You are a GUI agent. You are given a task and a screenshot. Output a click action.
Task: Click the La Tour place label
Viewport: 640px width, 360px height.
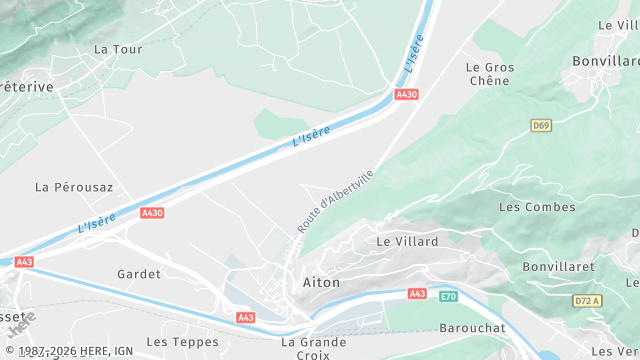click(118, 49)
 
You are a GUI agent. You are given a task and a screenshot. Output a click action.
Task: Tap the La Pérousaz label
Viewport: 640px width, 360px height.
click(74, 187)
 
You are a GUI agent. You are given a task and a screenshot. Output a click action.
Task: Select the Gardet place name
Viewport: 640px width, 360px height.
click(139, 273)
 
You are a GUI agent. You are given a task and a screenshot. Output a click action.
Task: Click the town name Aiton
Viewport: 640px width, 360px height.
click(321, 283)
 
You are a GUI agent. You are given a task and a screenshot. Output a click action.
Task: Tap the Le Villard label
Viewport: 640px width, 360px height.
click(407, 242)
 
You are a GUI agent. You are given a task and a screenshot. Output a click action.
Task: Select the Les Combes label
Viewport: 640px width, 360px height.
click(537, 207)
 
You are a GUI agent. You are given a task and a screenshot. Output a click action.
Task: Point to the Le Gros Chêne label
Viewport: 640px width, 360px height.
click(490, 75)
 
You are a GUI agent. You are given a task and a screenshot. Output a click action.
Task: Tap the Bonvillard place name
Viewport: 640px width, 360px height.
click(605, 61)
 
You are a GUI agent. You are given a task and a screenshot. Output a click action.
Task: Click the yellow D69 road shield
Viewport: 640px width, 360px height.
click(541, 125)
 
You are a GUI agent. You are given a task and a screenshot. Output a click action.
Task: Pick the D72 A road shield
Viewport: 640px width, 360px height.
click(587, 301)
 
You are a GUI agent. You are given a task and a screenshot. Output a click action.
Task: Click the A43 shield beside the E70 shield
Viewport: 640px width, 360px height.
click(418, 293)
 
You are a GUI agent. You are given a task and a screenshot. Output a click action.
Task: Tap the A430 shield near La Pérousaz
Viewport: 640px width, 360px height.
click(152, 213)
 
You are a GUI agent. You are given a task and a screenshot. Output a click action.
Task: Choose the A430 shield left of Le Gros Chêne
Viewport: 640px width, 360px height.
click(407, 95)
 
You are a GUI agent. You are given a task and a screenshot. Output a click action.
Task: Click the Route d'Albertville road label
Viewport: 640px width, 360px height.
click(336, 201)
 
